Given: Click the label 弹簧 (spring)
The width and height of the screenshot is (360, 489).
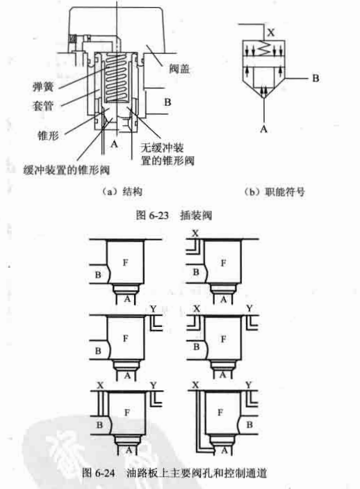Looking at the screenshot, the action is click(43, 87).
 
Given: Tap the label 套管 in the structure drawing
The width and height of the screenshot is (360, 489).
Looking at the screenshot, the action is click(43, 106).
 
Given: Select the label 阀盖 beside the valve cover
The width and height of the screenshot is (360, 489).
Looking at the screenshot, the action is click(179, 69).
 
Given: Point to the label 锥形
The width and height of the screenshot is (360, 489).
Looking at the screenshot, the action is click(48, 136).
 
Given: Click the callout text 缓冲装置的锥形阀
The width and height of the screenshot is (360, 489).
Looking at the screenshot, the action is click(67, 170).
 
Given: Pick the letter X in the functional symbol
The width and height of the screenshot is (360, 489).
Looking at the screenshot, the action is click(271, 32).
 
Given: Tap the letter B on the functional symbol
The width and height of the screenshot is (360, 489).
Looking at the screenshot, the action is click(316, 78).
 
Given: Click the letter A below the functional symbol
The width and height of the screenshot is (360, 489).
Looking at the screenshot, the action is click(263, 129).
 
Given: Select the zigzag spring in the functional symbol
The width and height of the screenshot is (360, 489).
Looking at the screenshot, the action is click(264, 49).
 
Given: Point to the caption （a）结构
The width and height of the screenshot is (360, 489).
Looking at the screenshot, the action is click(122, 191).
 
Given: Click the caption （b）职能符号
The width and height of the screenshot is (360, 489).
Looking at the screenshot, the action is click(275, 191).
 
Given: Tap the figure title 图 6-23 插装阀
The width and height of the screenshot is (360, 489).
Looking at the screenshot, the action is click(174, 215).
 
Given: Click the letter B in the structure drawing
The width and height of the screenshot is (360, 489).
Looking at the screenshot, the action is click(167, 102).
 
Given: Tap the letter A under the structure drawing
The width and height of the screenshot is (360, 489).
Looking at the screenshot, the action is click(114, 144).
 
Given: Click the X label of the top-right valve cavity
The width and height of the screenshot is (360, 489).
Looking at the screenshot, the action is click(195, 233).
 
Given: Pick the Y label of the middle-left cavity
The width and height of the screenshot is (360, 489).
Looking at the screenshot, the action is click(153, 309).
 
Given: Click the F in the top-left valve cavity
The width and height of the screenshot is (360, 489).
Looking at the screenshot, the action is click(125, 263).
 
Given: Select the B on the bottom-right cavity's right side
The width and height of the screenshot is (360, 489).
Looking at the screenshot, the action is click(249, 425).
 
